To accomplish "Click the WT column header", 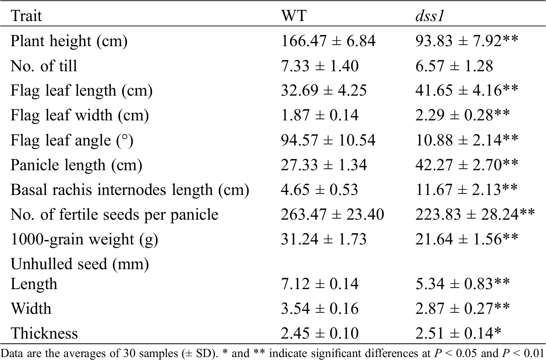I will coord(294,16).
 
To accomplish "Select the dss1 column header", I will coord(429,16).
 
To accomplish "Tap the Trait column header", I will coord(26,16).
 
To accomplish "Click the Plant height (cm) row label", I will coord(69,41).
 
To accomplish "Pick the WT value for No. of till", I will coord(319,66).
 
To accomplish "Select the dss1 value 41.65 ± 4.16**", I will coord(467,90).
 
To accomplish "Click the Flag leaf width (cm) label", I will coord(80,115).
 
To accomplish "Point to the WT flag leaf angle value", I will coord(328,140).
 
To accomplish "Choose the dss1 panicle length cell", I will coord(467,165).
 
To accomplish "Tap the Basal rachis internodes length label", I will coord(130,190).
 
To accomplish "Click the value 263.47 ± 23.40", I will coord(332,215).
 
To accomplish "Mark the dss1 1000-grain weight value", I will coord(467,239).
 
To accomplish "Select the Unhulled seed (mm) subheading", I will coord(80,264).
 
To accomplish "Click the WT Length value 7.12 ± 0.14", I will coord(319,284).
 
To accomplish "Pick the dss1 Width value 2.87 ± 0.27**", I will coord(463,309).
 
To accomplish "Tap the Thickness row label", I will coord(44,333).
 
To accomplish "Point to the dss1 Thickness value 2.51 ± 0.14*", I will coord(458,333).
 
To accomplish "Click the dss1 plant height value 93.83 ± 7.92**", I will coord(467,41).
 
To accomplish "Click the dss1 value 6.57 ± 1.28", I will coord(454,66).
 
